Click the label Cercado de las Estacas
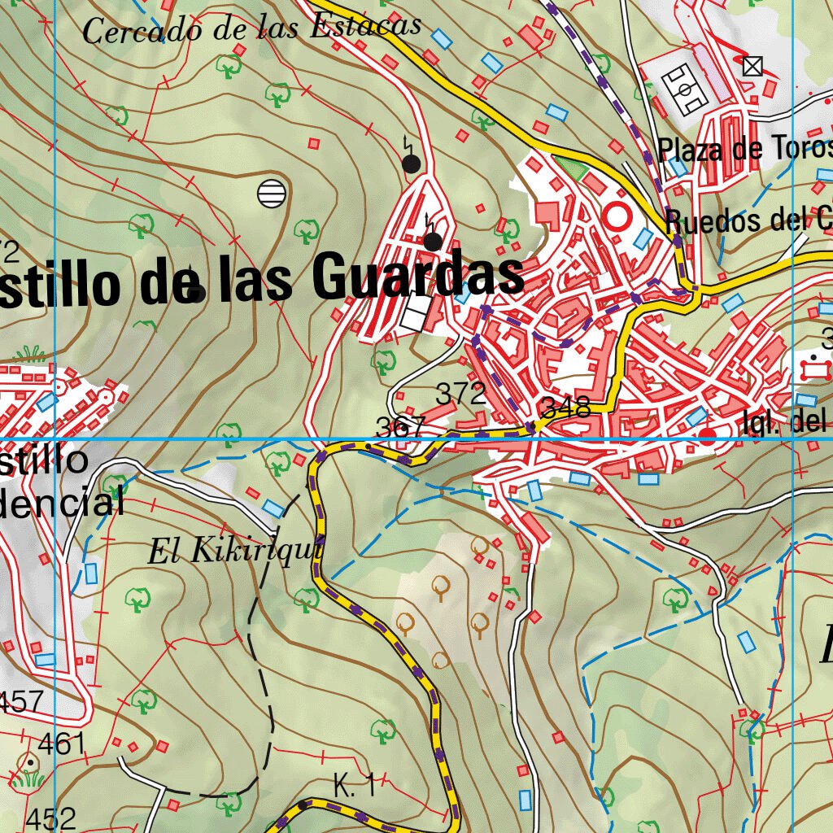coord(252,28)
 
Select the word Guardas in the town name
coord(417,277)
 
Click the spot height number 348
coord(565,408)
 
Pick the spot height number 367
coord(401,426)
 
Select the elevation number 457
coord(22,700)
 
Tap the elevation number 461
coord(62,743)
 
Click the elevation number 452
coord(50,818)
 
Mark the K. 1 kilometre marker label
coord(355,786)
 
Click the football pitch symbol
coord(686,89)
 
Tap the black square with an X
coord(753,67)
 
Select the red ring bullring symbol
coord(617,216)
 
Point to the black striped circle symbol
coord(272,193)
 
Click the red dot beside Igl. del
coord(708,435)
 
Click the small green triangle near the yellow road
coord(574,169)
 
